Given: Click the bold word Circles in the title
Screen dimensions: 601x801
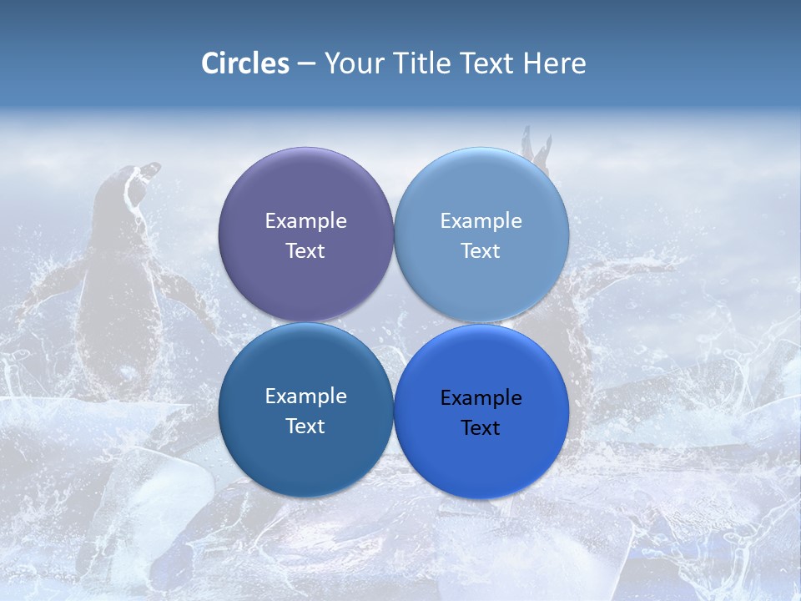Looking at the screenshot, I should point(244,63).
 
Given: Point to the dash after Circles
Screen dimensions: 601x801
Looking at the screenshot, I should point(306,63).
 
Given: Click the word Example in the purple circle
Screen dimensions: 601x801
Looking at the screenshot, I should point(305,220).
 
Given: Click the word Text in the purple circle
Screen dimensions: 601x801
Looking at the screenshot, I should point(305,250).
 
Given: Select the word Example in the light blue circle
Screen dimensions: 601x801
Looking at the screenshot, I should point(481,220).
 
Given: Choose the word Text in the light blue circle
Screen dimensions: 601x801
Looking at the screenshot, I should point(481,250).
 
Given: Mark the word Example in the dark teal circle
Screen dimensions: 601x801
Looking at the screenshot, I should point(305,396).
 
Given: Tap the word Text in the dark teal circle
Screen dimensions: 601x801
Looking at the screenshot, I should point(305,426).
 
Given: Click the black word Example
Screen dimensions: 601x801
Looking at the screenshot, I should point(481,397).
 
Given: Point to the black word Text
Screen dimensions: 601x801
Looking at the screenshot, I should point(481,427).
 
